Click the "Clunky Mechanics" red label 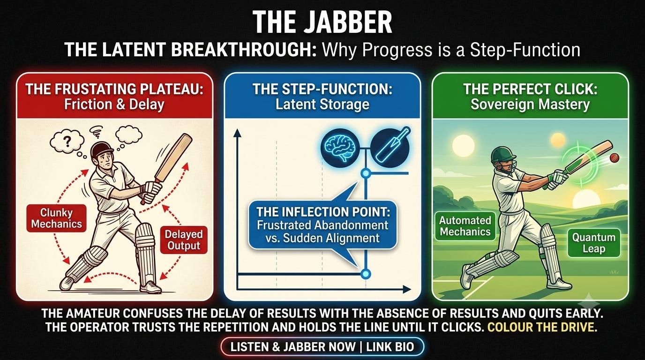56,218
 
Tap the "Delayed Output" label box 184,240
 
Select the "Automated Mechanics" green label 465,226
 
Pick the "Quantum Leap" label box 594,243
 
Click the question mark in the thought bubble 67,142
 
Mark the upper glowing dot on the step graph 366,173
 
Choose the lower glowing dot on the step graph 366,274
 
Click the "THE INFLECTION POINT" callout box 322,225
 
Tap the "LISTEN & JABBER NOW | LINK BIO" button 322,347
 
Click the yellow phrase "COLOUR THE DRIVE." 542,328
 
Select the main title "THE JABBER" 322,22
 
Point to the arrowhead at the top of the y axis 237,133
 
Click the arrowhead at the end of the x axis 406,290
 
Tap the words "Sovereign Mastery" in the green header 530,104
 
